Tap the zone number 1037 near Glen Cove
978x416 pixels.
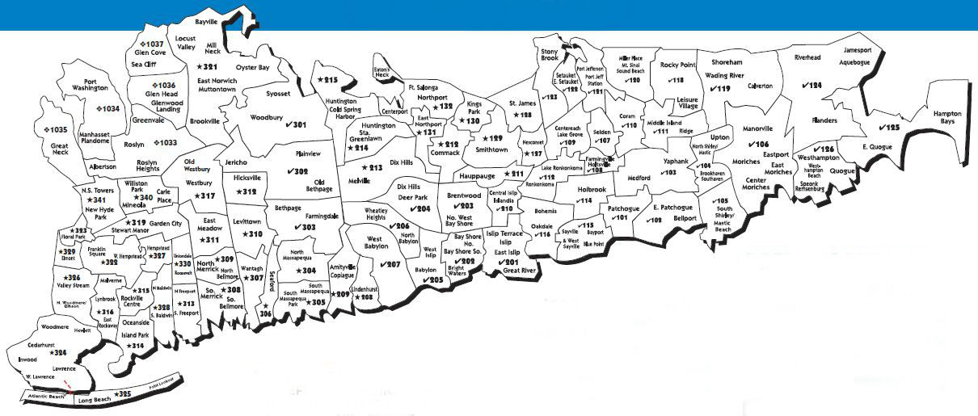point(154,44)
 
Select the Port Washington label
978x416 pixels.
point(95,85)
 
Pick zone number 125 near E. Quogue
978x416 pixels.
point(888,128)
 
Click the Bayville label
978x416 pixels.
point(207,21)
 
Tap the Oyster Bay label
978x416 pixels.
point(252,68)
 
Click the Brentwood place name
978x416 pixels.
point(464,195)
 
